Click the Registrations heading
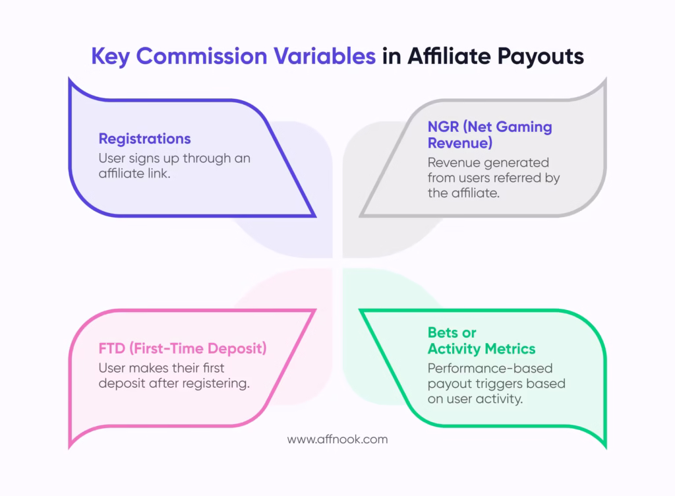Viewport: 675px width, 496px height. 144,139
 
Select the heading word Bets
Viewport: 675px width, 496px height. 442,332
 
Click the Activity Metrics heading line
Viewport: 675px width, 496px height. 481,349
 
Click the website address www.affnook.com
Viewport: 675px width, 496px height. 337,438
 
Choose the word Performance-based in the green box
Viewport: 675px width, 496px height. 490,368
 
